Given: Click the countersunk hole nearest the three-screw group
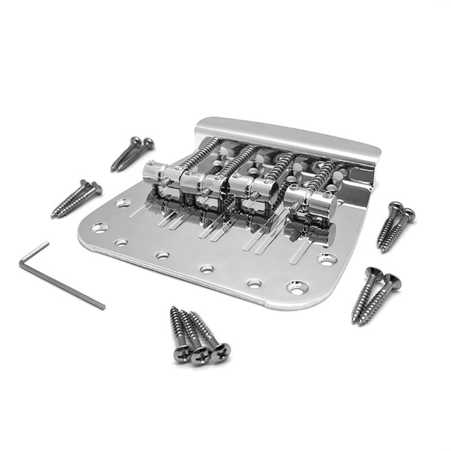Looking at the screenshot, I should coord(297,287).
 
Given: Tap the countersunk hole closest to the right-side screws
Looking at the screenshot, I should coord(327,259).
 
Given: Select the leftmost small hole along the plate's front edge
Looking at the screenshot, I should coord(121,243).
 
